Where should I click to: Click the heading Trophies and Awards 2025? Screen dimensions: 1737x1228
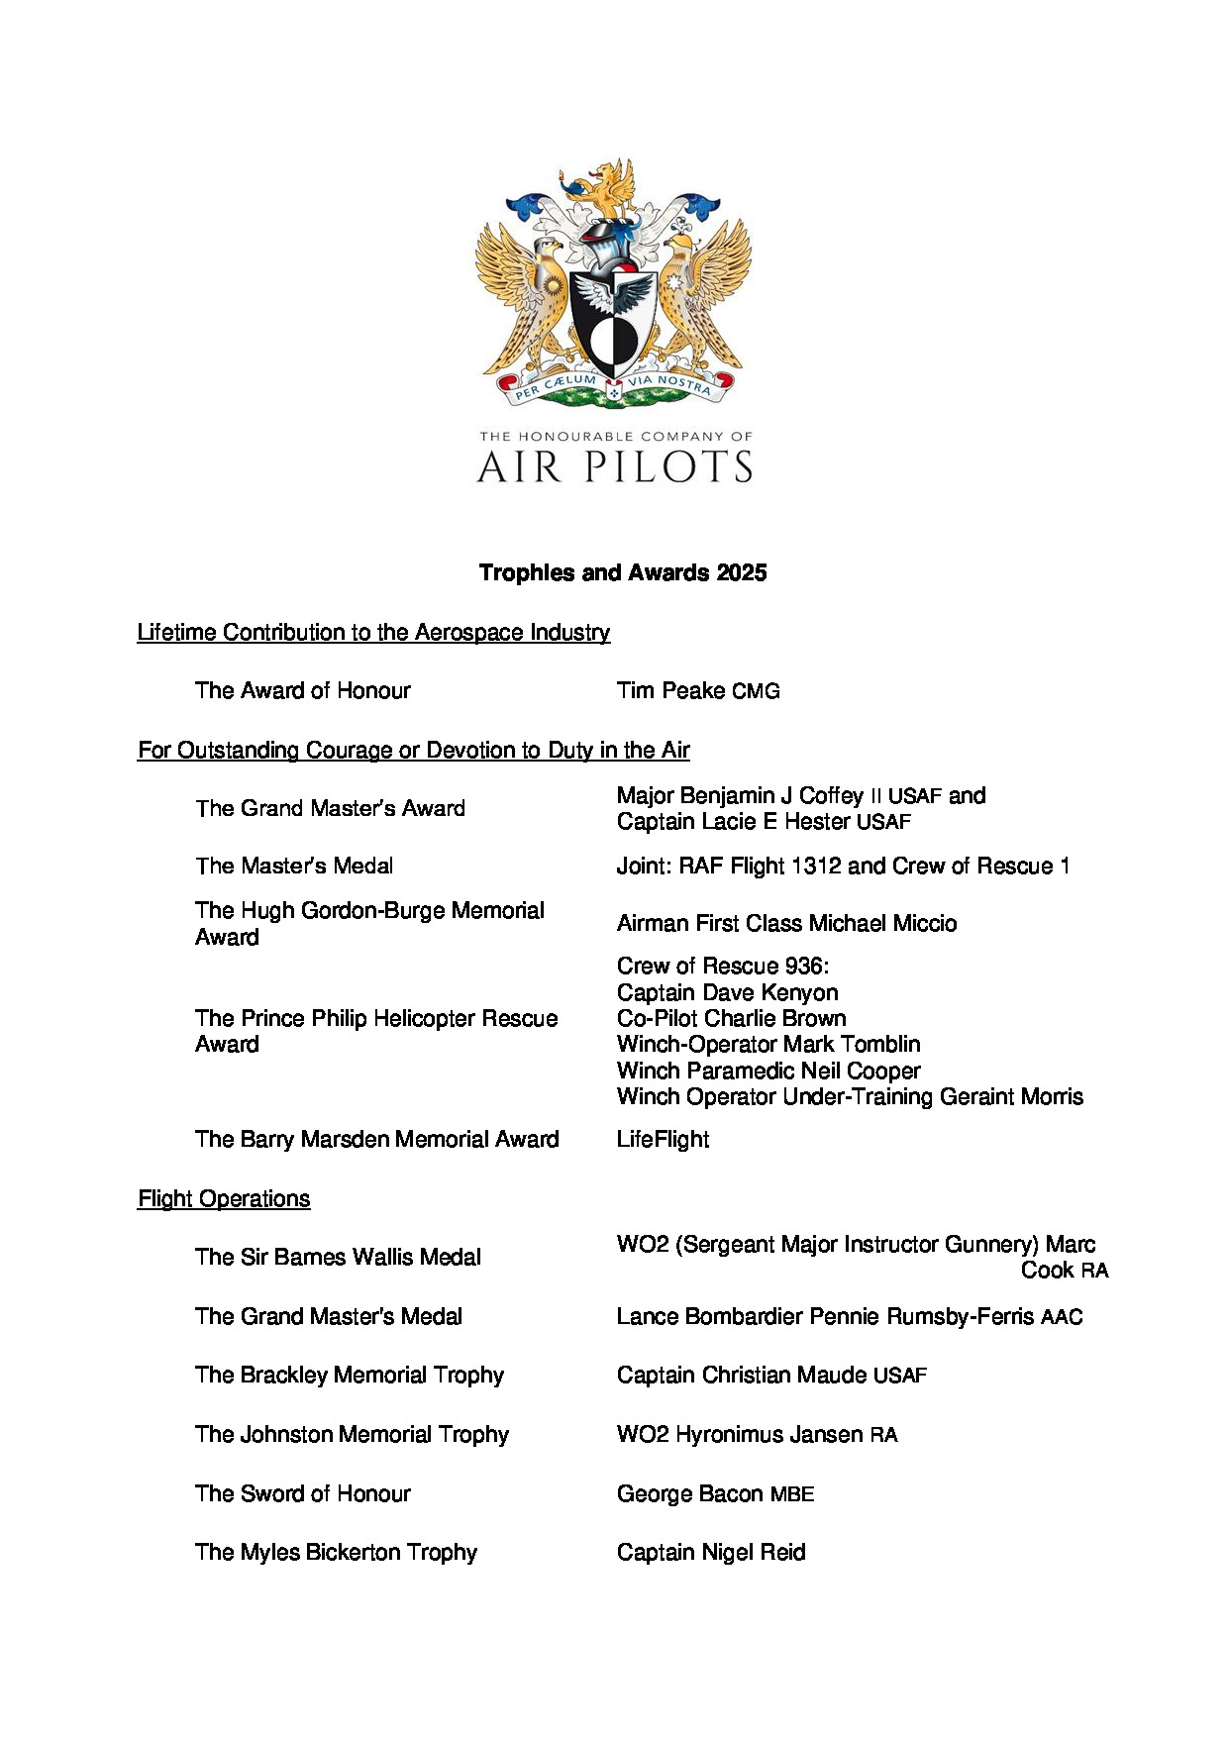(622, 572)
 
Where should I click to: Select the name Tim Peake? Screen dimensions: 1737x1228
(671, 691)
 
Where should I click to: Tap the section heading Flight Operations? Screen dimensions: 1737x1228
(224, 1198)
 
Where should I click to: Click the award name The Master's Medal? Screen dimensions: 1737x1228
(294, 866)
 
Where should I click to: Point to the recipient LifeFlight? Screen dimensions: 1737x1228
(663, 1139)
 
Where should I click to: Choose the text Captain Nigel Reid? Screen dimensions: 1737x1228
(710, 1552)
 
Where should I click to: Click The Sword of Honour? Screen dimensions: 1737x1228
(302, 1493)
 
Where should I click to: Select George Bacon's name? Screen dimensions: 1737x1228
(690, 1493)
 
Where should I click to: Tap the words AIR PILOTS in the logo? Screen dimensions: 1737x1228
(614, 466)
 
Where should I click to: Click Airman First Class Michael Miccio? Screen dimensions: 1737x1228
(786, 923)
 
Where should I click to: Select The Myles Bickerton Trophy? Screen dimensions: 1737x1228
(336, 1552)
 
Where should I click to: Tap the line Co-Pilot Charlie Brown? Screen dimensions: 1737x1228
(731, 1018)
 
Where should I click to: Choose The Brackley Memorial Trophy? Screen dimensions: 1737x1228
(350, 1375)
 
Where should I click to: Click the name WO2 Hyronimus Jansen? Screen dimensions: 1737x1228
(740, 1434)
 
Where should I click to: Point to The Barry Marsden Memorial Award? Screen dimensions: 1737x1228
(376, 1139)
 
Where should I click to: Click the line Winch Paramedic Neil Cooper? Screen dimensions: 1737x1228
(767, 1071)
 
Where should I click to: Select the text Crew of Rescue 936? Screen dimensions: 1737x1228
(722, 966)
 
